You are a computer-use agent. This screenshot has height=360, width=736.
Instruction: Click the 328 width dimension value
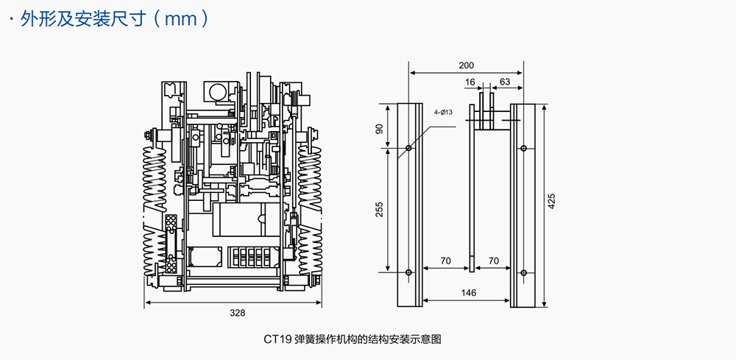[236, 312]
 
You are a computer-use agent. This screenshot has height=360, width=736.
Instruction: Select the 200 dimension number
[466, 66]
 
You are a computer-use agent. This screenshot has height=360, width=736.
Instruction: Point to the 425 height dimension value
[552, 201]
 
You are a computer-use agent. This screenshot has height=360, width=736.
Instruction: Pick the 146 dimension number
[468, 293]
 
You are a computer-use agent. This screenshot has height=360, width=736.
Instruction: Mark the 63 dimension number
[505, 82]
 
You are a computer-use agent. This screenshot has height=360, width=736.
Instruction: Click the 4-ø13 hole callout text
[444, 112]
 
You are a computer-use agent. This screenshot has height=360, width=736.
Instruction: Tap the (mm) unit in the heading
[181, 19]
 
